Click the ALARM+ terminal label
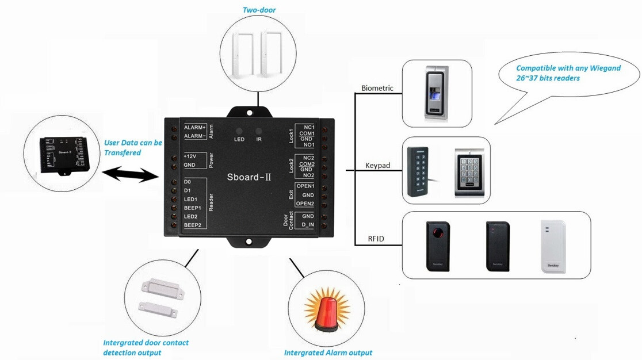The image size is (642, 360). (x=194, y=127)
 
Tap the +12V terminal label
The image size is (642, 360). (x=190, y=156)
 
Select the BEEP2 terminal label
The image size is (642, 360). (x=192, y=225)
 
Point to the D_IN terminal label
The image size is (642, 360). (x=307, y=225)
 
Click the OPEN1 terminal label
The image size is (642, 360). (x=304, y=186)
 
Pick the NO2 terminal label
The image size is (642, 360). (x=308, y=175)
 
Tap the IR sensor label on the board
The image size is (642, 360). (x=259, y=139)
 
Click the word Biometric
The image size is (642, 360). (x=377, y=88)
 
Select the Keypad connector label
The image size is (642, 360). (x=378, y=166)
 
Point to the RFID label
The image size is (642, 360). (x=376, y=238)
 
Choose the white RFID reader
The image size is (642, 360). (x=553, y=246)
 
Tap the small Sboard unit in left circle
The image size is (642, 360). (x=61, y=154)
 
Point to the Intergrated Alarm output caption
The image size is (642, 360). (x=328, y=353)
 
